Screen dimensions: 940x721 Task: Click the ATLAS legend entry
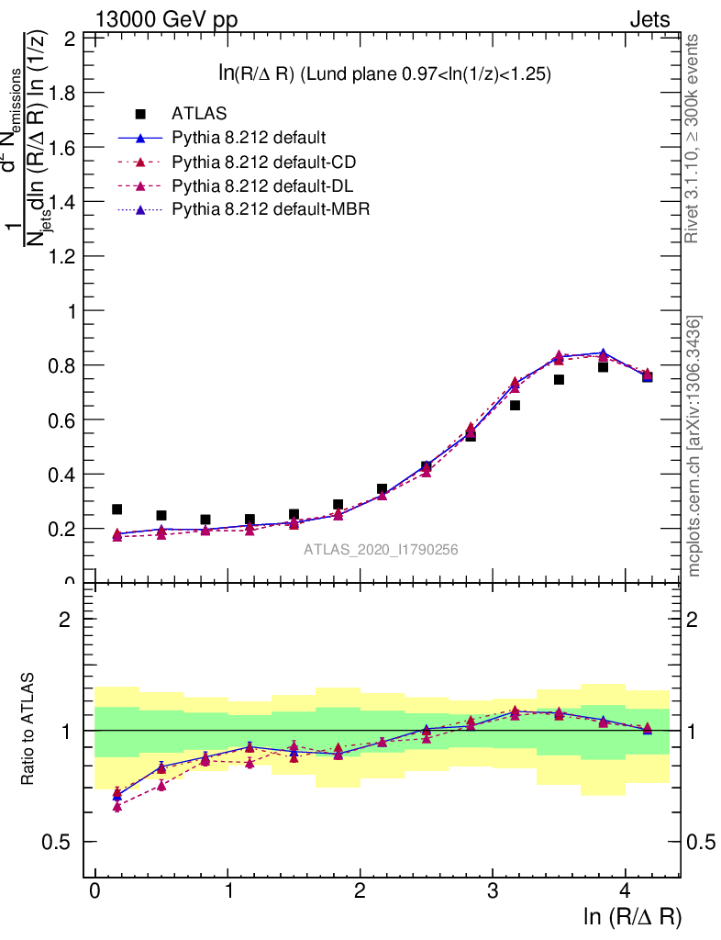(193, 114)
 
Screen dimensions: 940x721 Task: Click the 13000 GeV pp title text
(166, 20)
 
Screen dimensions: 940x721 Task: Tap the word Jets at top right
(649, 20)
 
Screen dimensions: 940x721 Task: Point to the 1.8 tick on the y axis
(63, 93)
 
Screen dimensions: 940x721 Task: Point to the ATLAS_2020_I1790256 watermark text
(381, 550)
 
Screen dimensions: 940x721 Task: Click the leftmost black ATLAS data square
(116, 509)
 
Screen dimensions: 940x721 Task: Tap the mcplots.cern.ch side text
(694, 446)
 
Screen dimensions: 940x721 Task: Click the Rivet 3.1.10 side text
(694, 138)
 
